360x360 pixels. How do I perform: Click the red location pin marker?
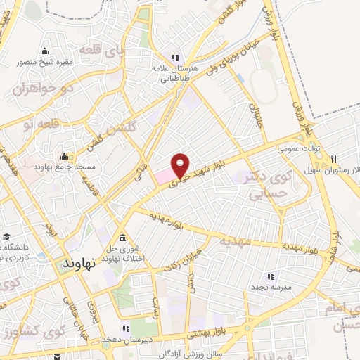(x=181, y=165)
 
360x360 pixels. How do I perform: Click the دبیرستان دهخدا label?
(x=125, y=339)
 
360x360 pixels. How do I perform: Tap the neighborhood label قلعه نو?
(x=38, y=124)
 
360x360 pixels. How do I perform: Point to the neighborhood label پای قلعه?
(x=98, y=51)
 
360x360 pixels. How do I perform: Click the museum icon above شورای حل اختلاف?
(x=123, y=236)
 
